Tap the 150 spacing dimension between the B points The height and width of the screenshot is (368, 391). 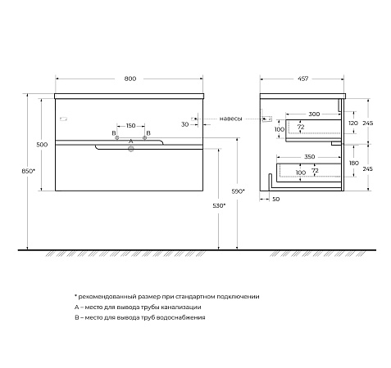point(130,126)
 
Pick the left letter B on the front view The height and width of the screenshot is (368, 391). point(113,132)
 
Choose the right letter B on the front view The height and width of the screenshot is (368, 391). point(148,132)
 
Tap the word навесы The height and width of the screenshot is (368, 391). point(230,119)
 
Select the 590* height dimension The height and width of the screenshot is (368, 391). point(238,191)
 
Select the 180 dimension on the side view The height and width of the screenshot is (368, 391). point(352,163)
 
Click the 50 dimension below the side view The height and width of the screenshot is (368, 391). point(275,198)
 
